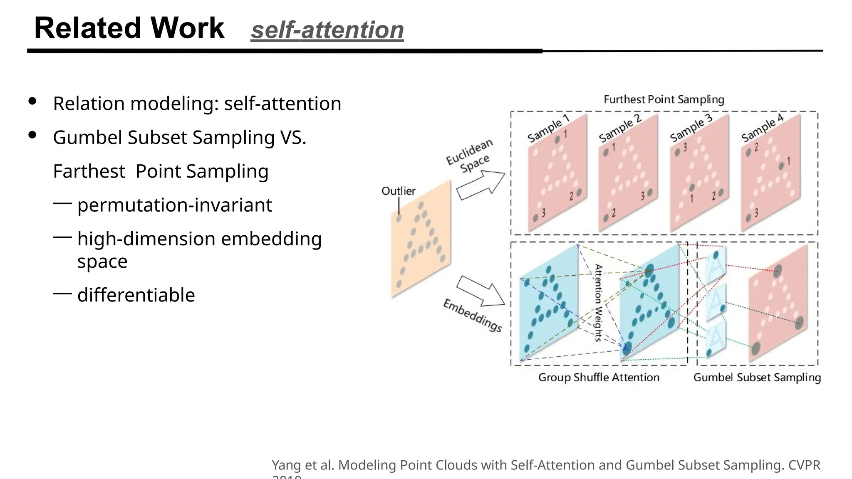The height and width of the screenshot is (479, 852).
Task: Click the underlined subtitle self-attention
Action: point(327,30)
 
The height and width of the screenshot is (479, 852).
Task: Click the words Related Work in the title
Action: point(129,28)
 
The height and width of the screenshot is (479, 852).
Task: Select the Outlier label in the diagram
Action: point(398,191)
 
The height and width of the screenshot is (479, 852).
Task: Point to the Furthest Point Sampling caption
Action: point(664,99)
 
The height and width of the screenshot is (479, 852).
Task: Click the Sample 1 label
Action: point(548,128)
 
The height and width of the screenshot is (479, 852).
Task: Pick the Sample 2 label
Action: point(620,128)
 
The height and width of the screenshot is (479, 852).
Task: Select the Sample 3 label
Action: point(691,128)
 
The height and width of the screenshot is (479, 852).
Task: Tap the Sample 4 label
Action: point(762,128)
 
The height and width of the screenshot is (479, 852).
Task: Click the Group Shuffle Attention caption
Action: point(599,377)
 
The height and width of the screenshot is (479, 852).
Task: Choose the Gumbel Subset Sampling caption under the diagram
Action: point(757,377)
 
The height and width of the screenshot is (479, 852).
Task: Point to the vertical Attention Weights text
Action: point(598,303)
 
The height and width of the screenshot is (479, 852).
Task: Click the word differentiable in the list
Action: point(136,295)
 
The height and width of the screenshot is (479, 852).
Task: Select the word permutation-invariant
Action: point(175,205)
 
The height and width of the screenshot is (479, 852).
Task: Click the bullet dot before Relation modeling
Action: point(32,101)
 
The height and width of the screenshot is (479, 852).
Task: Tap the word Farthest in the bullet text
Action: point(89,171)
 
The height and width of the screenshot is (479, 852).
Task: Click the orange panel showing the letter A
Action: point(421,239)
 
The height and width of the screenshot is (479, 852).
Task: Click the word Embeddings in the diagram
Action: point(472,316)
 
